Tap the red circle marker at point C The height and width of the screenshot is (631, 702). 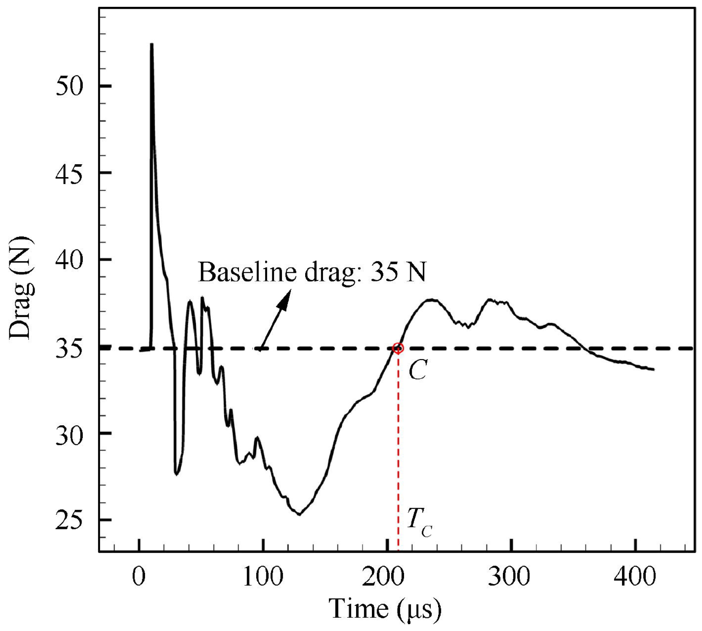click(398, 348)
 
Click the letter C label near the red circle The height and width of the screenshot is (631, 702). click(418, 371)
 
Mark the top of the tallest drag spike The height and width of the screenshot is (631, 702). click(152, 44)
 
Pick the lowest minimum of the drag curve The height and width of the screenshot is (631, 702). click(299, 515)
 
